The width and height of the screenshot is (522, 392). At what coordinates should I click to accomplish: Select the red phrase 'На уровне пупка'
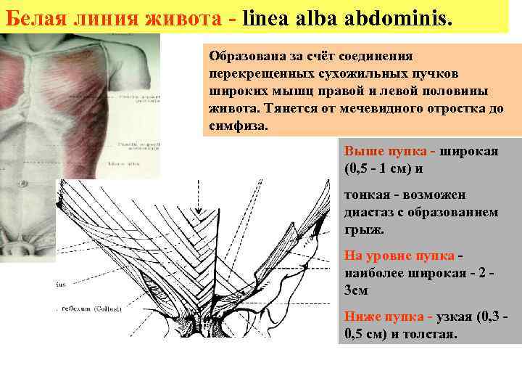tap(399, 256)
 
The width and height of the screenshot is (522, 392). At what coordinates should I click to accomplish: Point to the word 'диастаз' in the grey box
tap(370, 213)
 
